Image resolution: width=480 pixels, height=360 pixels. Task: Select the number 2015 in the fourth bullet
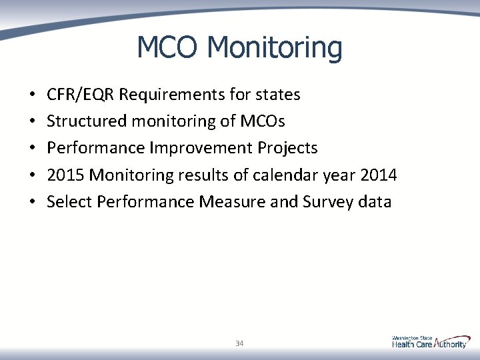[x=65, y=175]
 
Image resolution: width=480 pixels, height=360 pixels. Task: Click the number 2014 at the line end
[x=378, y=175]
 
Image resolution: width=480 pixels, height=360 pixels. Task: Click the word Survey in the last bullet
[x=325, y=201]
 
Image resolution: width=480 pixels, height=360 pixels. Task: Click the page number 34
[x=239, y=343]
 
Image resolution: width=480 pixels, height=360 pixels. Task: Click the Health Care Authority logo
[x=429, y=342]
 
